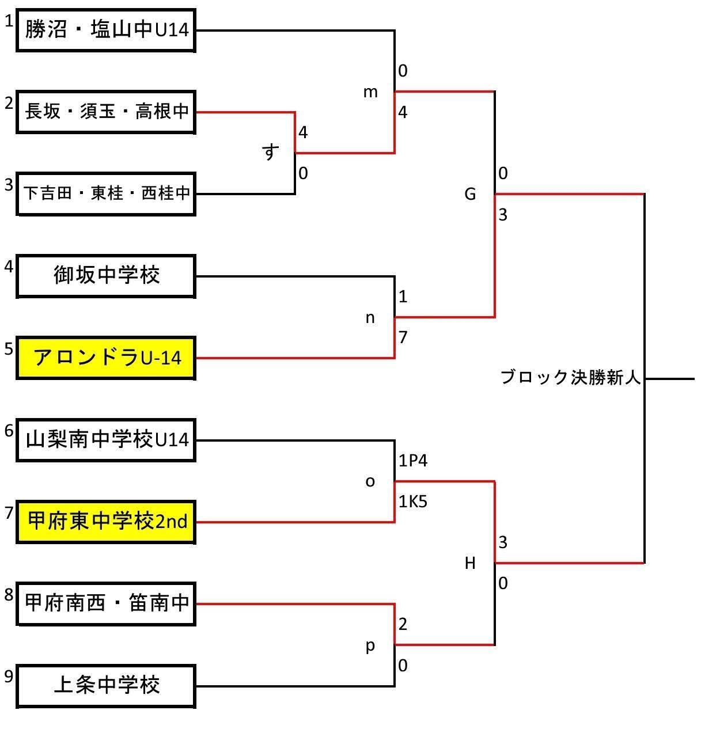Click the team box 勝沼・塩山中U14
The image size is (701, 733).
pos(106,30)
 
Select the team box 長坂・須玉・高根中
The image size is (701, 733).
pos(106,112)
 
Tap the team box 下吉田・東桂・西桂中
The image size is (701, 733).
pos(106,194)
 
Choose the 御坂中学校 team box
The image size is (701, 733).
pos(106,276)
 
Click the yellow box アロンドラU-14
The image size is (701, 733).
pos(106,358)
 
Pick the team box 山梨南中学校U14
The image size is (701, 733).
pos(106,440)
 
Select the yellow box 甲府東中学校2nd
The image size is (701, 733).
pos(106,522)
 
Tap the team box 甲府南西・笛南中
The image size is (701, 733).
pos(106,604)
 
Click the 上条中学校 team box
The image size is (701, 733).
pos(106,686)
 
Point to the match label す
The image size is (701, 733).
pos(270,152)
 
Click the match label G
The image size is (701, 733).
pos(470,194)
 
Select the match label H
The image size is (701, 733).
pos(470,563)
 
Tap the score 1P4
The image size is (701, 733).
pos(413,461)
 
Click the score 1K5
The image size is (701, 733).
pos(413,502)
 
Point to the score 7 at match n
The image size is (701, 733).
pos(403,337)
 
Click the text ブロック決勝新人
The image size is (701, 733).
pos(571,377)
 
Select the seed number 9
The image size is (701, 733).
pos(9,676)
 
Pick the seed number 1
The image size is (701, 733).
pos(9,21)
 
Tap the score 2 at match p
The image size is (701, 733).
pos(403,625)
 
